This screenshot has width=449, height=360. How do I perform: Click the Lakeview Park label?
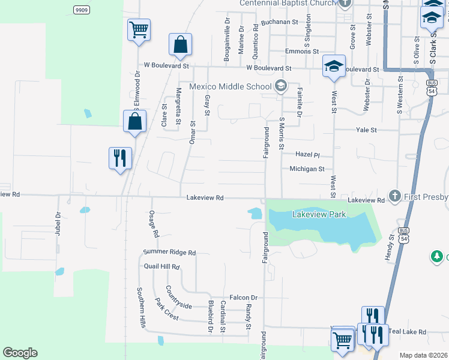tap(319, 214)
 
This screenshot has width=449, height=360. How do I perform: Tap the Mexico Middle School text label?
tap(231, 86)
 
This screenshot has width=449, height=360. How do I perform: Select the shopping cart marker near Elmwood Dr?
tap(139, 29)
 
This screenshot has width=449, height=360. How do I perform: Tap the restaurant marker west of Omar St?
tap(119, 158)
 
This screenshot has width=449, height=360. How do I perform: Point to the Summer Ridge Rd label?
tap(170, 253)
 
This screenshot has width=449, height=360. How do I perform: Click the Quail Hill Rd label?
tap(161, 266)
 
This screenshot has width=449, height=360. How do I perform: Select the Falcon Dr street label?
tap(243, 298)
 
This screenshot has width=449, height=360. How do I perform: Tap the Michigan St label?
tap(307, 169)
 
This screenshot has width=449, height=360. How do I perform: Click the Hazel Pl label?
tap(308, 154)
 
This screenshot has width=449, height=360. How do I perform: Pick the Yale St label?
tap(366, 130)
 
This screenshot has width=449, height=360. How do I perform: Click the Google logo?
tap(20, 353)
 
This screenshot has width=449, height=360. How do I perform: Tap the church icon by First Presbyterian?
tap(394, 196)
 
